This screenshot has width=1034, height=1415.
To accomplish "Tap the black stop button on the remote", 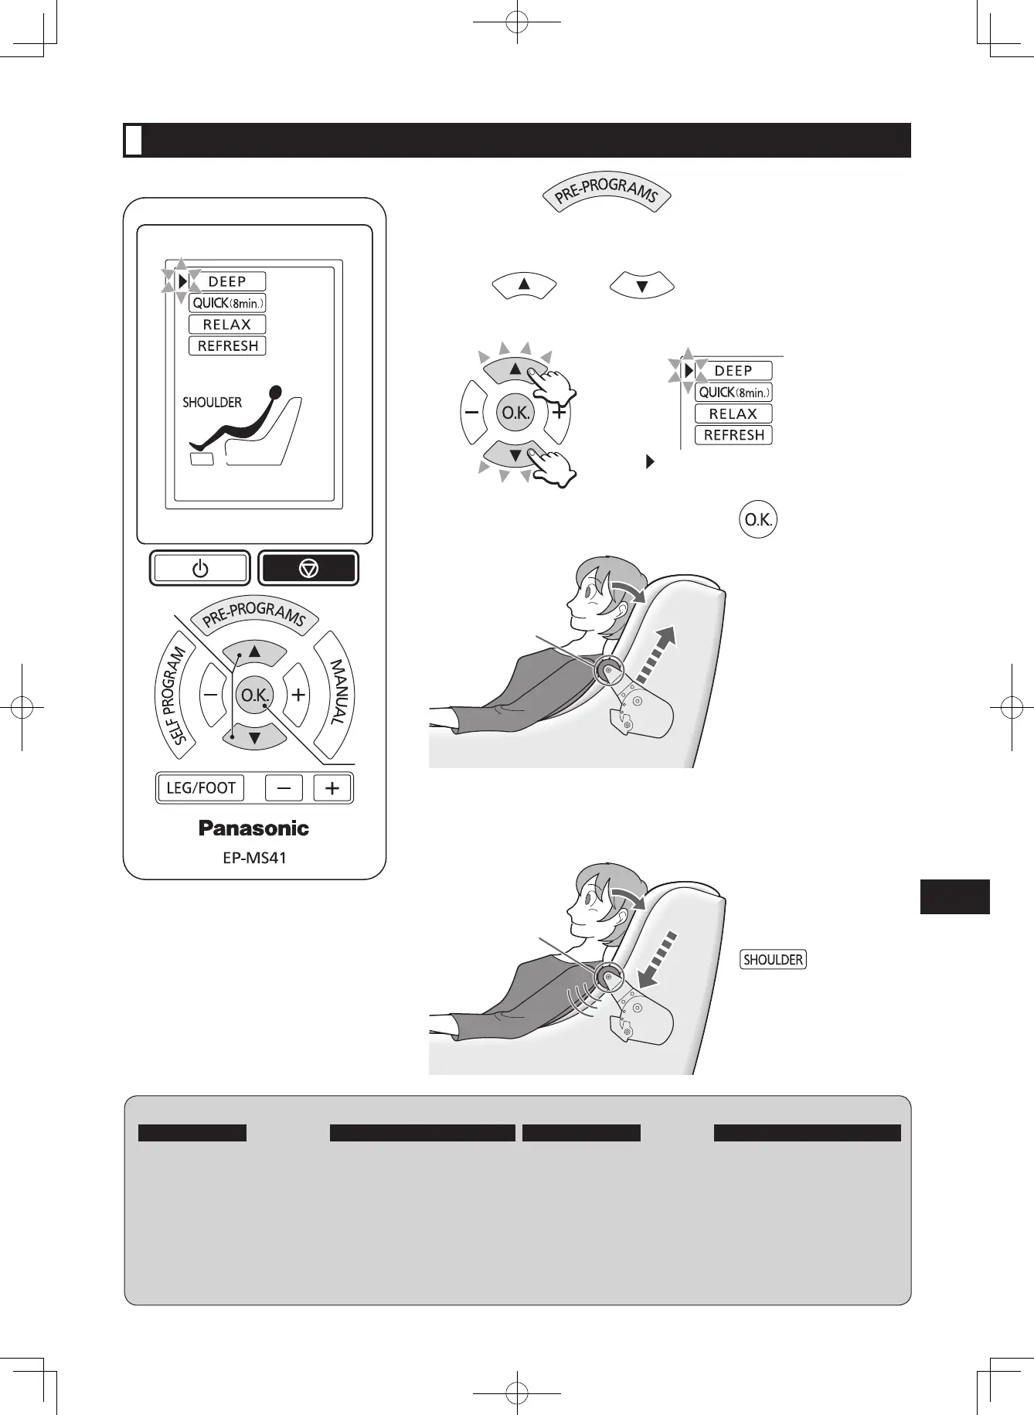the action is [308, 569].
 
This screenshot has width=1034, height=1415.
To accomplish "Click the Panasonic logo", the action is [253, 828].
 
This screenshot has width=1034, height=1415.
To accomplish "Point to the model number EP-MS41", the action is [254, 858].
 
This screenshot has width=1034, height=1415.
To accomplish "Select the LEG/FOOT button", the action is [201, 788].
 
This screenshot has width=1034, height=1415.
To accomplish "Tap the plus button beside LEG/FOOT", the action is [332, 788].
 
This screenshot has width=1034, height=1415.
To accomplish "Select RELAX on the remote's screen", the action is [227, 325].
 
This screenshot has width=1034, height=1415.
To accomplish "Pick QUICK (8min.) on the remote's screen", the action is [227, 303].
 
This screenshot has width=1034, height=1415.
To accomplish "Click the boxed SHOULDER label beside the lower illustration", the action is [773, 960].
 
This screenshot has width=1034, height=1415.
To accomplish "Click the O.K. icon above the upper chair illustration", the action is [757, 520].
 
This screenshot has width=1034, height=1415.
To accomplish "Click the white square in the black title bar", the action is [134, 140].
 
